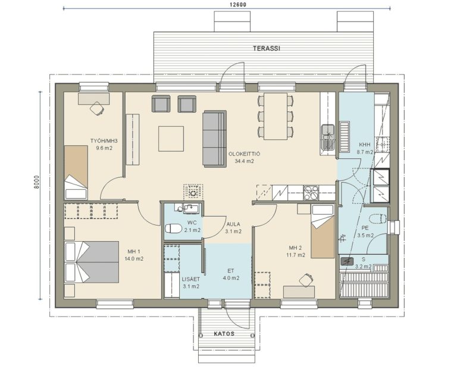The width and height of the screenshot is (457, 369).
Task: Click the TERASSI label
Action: tap(267, 48)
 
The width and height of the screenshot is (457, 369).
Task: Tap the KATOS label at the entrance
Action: tap(224, 334)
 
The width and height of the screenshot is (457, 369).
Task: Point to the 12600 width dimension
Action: tap(238, 5)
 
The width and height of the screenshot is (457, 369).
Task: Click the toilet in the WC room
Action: tap(173, 228)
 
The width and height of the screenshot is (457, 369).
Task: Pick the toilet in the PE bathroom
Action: tap(378, 218)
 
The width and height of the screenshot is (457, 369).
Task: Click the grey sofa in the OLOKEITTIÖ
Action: tap(215, 139)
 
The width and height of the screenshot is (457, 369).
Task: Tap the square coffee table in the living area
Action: tap(171, 139)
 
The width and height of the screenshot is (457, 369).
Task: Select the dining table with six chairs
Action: tap(276, 116)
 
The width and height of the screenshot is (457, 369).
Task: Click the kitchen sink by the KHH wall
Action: tap(328, 137)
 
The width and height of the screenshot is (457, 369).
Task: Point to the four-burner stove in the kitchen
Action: tap(311, 193)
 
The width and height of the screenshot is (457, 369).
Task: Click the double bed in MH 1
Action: tap(92, 262)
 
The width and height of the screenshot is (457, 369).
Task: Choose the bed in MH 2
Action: tap(323, 232)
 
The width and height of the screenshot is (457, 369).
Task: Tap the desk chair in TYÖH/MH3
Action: tap(97, 109)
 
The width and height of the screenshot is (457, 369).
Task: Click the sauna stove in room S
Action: tap(347, 261)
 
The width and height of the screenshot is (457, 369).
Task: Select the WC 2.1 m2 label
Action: tap(192, 227)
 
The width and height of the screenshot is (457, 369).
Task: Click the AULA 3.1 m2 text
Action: tap(233, 227)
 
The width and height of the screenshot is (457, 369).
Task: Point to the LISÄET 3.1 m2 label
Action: tap(191, 283)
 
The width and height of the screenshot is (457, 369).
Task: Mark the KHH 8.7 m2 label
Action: tap(365, 148)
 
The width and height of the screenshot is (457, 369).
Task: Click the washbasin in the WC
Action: tap(190, 208)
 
